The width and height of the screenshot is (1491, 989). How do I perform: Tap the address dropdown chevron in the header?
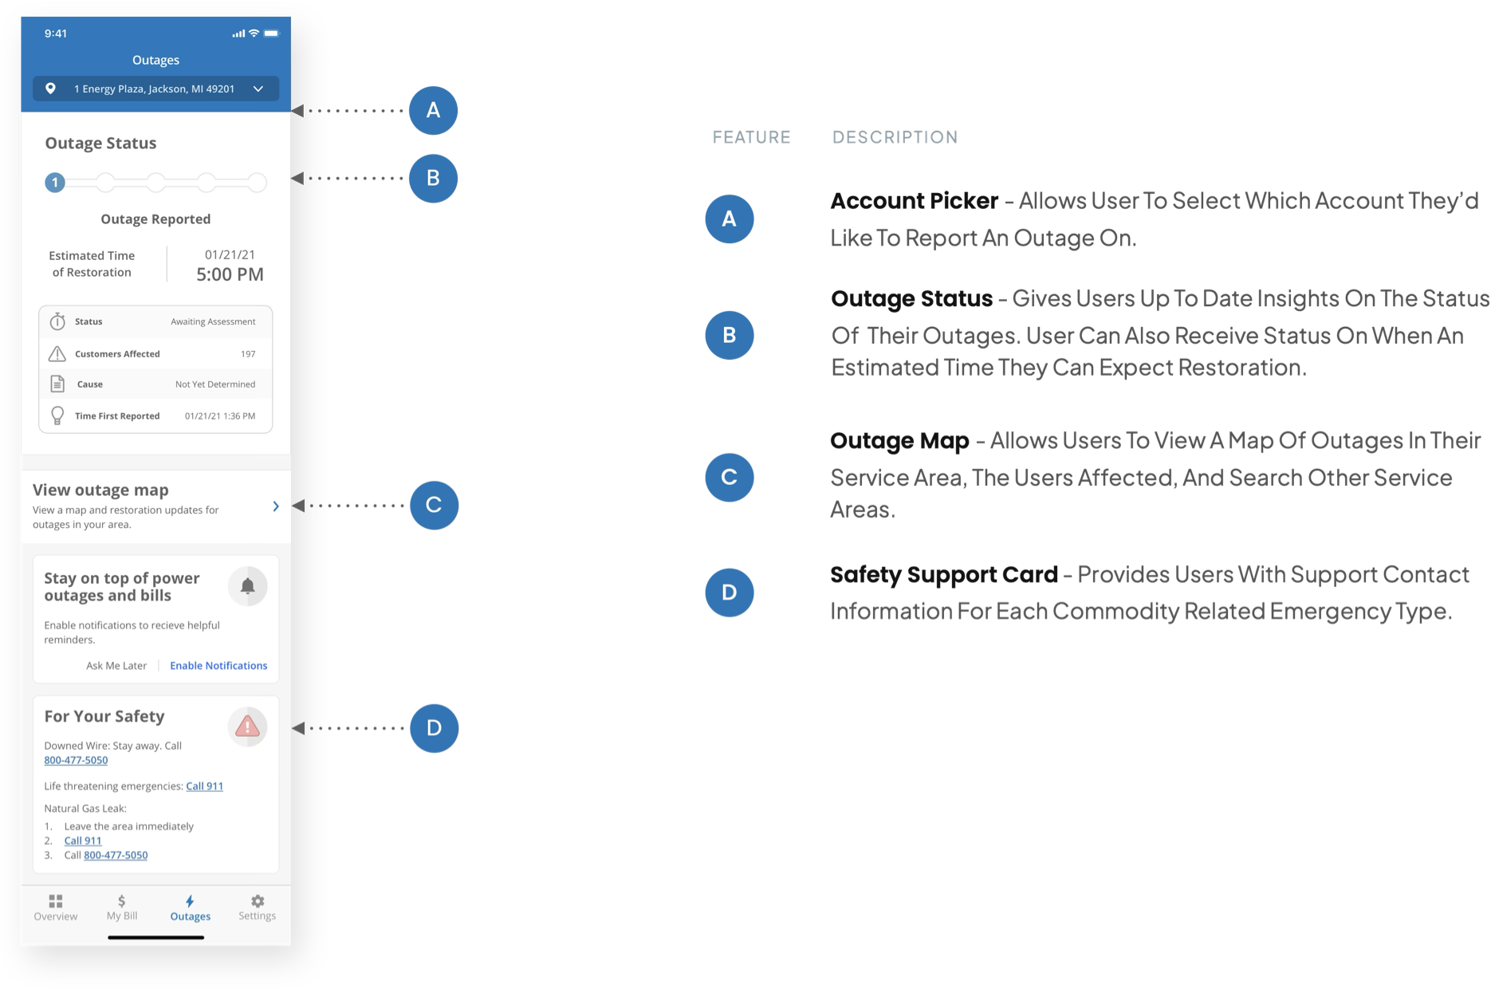(258, 89)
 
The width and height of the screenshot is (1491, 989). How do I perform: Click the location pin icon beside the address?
(50, 89)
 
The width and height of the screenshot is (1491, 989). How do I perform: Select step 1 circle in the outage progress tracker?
(55, 183)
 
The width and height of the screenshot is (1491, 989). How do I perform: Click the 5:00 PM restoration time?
(230, 274)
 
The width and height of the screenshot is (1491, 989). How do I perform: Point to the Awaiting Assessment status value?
(213, 321)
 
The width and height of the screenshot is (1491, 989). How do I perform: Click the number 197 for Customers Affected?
(248, 353)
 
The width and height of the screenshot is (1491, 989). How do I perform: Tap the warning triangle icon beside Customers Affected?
(57, 353)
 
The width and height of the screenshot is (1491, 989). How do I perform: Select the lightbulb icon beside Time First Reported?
(57, 416)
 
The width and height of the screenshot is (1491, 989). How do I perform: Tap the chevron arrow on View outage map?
(276, 506)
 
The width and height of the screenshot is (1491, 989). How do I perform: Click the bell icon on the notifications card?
(248, 586)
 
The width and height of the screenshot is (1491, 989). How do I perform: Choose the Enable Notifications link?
(218, 665)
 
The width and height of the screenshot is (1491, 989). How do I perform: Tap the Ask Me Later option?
(116, 665)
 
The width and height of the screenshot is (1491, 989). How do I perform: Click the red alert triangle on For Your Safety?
(247, 727)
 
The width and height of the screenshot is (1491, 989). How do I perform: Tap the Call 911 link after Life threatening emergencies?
(205, 786)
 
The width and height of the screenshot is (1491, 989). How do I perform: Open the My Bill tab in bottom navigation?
(122, 908)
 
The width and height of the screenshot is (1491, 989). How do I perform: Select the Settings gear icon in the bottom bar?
(258, 901)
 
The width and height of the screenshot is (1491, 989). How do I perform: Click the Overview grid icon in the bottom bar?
(56, 901)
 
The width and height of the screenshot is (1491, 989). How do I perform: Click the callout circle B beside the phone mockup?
(433, 178)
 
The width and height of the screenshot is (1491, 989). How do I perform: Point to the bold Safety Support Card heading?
(944, 574)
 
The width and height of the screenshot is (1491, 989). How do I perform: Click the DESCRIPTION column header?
(895, 137)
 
